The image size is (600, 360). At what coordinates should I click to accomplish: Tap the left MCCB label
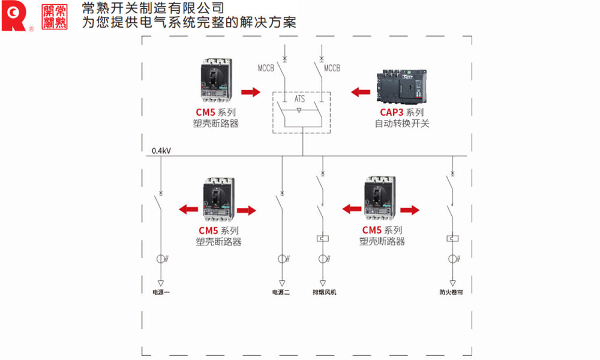tap(266, 68)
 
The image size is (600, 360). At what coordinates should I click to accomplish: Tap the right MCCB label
tap(332, 68)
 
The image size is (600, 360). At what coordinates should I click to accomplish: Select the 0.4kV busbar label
tap(161, 151)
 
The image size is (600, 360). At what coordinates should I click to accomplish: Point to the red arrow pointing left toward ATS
tap(361, 92)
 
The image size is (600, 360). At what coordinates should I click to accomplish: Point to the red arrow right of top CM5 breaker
tap(250, 92)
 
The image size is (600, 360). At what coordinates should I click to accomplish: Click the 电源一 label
tap(161, 293)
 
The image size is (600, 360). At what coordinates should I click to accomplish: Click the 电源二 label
tap(281, 293)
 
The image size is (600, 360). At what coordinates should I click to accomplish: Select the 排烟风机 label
tap(324, 293)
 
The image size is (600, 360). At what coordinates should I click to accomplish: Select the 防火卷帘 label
tap(451, 293)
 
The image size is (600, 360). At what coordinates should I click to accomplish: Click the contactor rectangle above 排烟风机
tap(323, 239)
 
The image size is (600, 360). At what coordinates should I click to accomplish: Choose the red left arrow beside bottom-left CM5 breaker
tap(188, 209)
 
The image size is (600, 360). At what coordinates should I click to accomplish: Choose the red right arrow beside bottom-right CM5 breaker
tap(410, 209)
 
